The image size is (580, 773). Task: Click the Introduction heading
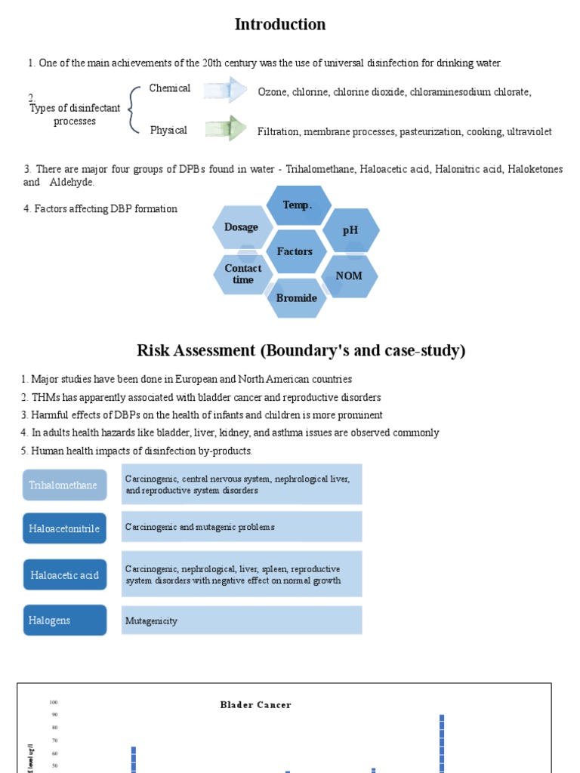pos(280,25)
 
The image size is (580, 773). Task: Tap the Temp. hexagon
pos(298,205)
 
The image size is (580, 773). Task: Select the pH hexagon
pos(350,230)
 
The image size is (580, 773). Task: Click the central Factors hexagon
pos(295,251)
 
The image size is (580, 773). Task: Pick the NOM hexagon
pos(349,276)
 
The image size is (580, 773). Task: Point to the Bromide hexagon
pos(297,297)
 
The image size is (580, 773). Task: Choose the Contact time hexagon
pos(243,274)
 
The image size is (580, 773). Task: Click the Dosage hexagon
pos(241,227)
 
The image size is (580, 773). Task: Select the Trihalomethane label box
pos(63,485)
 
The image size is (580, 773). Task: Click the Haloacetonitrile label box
pos(64,528)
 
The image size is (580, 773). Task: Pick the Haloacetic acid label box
pos(64,575)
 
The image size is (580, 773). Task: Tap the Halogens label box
pos(64,621)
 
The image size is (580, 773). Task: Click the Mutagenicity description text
pos(152,621)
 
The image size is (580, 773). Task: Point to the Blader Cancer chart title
pos(255,705)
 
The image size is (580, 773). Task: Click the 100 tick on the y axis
pos(54,702)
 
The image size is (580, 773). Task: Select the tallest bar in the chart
pos(442,744)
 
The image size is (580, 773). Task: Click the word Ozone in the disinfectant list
pos(271,92)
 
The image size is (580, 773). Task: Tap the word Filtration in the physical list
pos(278,132)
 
